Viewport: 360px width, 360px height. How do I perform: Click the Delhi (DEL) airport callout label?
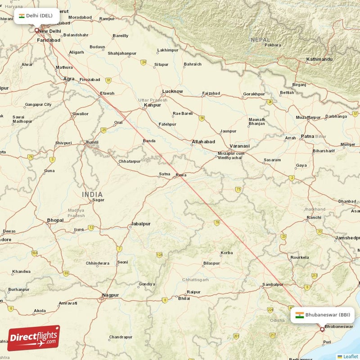pos(36,16)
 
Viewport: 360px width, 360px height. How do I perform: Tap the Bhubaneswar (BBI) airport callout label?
pos(323,315)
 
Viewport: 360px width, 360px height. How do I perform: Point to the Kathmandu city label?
pos(319,59)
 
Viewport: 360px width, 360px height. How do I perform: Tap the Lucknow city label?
pos(172,91)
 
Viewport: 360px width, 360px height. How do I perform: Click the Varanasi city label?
pos(239,146)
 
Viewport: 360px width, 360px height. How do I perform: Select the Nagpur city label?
pos(110,295)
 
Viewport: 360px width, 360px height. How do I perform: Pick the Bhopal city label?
pos(55,220)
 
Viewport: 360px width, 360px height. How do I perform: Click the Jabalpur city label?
pos(140,224)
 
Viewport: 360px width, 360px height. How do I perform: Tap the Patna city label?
pos(307,136)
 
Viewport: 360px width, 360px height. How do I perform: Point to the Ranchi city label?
pos(314,217)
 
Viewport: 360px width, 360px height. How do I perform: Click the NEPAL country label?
pos(261,40)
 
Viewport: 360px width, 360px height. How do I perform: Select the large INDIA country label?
pos(92,194)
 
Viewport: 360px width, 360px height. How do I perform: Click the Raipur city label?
pos(193,292)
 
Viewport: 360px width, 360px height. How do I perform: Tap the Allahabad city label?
pos(203,142)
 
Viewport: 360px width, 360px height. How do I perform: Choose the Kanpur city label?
pos(152,106)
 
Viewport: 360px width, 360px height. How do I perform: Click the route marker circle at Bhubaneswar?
pos(322,330)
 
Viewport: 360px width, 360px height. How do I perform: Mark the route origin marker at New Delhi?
pos(37,31)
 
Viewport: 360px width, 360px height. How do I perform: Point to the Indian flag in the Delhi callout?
pos(22,16)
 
